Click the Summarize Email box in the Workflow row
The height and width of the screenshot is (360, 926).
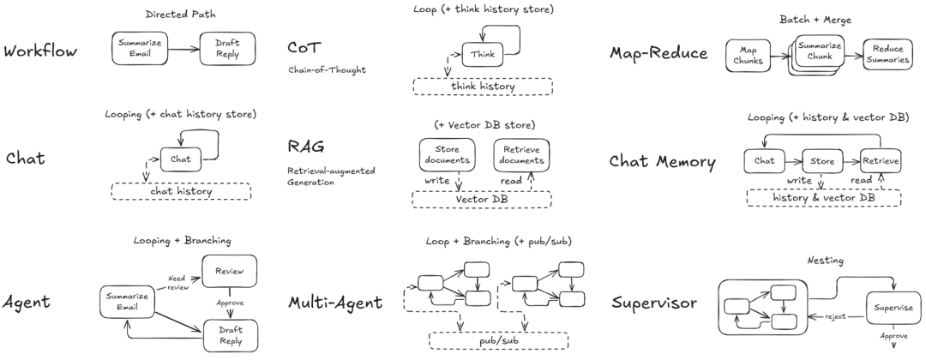[140, 48]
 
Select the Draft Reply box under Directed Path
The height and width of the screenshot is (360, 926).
[227, 48]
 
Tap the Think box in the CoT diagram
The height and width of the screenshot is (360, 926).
[483, 54]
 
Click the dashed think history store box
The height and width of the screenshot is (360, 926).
[483, 87]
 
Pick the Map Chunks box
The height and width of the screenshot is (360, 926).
[749, 56]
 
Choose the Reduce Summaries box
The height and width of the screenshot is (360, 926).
[887, 56]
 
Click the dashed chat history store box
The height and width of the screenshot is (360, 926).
[181, 191]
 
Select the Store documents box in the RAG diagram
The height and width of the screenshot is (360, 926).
[447, 155]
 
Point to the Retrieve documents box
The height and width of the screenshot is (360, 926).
[521, 155]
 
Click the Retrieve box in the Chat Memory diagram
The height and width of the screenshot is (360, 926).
[880, 161]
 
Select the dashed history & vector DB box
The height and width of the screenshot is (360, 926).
[824, 198]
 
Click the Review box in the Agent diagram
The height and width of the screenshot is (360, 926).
[229, 271]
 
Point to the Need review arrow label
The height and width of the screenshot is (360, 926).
[178, 283]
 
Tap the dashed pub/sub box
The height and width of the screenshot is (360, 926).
[498, 341]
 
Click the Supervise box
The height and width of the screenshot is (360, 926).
[893, 308]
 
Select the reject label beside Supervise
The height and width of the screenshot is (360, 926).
[835, 316]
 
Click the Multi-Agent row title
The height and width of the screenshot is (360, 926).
[335, 303]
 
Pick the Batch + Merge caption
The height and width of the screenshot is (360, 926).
[815, 20]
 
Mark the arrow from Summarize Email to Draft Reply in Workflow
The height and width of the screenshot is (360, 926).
[183, 49]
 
